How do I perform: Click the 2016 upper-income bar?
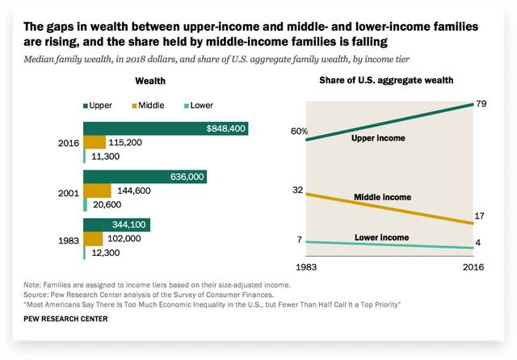pos(166,129)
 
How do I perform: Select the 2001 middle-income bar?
pos(97,190)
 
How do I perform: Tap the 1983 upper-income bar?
pos(116,225)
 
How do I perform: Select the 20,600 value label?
pos(107,205)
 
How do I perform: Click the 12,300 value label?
pos(107,253)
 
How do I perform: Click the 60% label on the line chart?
pos(300,131)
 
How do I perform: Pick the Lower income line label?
pos(380,237)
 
